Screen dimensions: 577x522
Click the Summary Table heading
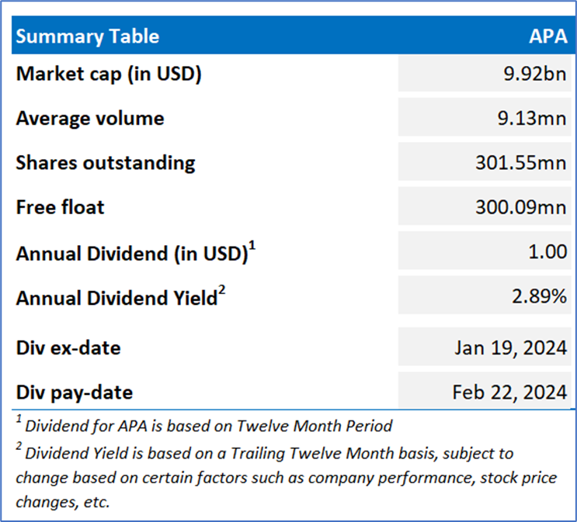(x=88, y=36)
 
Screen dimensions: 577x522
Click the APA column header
(x=548, y=36)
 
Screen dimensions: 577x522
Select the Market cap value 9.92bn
(x=535, y=74)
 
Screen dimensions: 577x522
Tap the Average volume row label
(x=90, y=118)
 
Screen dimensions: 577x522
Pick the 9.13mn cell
(x=532, y=118)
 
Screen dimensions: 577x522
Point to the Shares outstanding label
(x=106, y=163)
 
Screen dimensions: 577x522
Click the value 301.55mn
(x=521, y=162)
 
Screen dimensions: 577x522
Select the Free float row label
(x=61, y=207)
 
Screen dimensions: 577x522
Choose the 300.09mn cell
(x=521, y=207)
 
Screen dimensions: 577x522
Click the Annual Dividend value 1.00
(x=547, y=252)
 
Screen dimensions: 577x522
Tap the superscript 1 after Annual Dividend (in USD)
(x=252, y=245)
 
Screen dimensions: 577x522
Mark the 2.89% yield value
(x=540, y=296)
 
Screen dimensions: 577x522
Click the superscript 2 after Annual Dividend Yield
(x=221, y=289)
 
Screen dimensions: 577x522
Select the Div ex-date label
(x=68, y=347)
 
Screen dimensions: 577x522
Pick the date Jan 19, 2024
(x=511, y=347)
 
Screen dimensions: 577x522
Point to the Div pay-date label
(x=75, y=392)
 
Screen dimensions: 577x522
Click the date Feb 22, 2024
(x=509, y=392)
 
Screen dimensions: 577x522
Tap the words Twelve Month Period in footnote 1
(x=315, y=426)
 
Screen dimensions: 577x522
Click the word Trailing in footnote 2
(x=258, y=454)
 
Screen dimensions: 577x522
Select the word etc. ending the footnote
(x=97, y=502)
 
